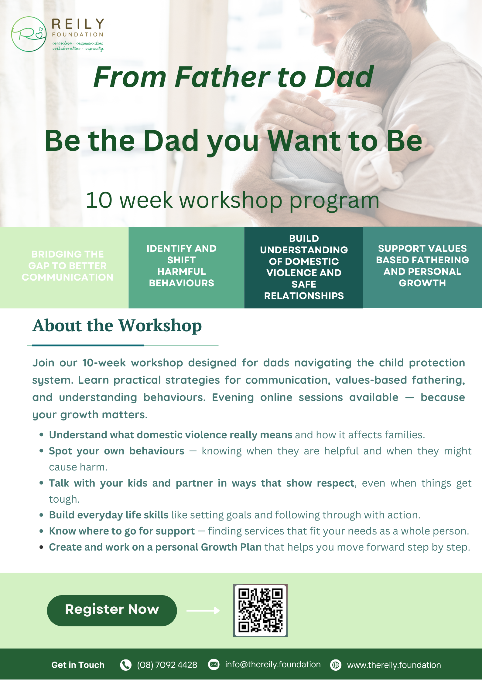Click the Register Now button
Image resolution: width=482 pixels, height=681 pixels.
112,610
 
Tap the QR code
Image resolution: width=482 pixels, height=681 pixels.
260,610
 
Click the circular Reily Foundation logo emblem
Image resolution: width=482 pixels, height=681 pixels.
29,34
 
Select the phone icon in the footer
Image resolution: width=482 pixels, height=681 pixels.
126,665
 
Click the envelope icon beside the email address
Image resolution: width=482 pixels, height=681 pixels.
214,665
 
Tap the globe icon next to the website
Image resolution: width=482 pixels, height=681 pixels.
336,665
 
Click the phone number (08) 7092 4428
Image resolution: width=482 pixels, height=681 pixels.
167,665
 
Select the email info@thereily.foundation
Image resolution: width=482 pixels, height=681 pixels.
273,665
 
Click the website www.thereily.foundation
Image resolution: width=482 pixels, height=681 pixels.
394,665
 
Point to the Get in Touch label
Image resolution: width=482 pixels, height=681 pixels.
78,665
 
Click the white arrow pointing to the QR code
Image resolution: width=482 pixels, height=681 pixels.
203,610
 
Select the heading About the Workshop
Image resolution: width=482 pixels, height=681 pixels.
117,325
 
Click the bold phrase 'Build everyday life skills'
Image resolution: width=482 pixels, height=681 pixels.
109,515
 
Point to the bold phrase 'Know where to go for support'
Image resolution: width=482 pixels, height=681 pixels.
122,531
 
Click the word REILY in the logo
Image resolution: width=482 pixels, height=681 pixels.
78,24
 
